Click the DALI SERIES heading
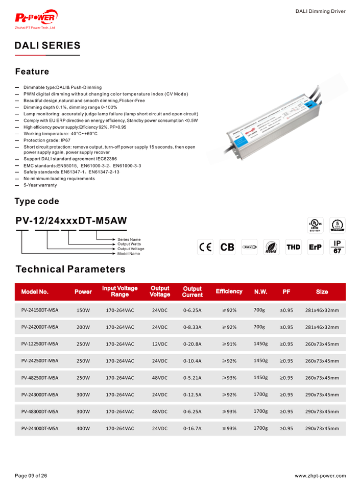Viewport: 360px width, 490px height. pyautogui.click(x=47, y=45)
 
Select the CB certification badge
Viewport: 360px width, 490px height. pyautogui.click(x=227, y=248)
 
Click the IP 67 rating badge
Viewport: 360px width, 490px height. pyautogui.click(x=337, y=247)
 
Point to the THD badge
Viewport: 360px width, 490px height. pyautogui.click(x=293, y=248)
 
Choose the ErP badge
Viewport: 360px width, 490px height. pyautogui.click(x=315, y=248)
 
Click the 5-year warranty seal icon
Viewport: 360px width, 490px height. pyautogui.click(x=337, y=224)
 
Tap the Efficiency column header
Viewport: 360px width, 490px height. pyautogui.click(x=229, y=291)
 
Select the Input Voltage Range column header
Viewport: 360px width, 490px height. pyautogui.click(x=120, y=291)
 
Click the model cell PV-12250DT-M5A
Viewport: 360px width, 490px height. pyautogui.click(x=40, y=344)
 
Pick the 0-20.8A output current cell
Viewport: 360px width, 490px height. pyautogui.click(x=192, y=344)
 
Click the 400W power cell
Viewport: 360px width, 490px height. pyautogui.click(x=83, y=428)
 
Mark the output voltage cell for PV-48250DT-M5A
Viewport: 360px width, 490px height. pyautogui.click(x=160, y=378)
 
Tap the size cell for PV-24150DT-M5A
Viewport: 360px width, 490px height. pyautogui.click(x=322, y=310)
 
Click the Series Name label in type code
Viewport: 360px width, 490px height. pyautogui.click(x=129, y=239)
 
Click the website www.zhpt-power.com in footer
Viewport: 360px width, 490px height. pyautogui.click(x=320, y=476)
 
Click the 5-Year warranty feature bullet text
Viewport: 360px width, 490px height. pyautogui.click(x=40, y=185)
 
